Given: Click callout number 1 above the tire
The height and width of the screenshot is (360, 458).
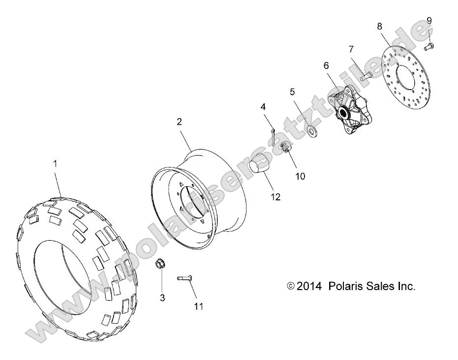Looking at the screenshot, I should pos(55,164).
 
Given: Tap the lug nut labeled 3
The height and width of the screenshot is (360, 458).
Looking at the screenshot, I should pos(159,264).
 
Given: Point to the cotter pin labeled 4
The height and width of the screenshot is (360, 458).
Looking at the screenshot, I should pos(273,133).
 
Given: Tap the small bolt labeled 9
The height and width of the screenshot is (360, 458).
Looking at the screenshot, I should pos(428,47).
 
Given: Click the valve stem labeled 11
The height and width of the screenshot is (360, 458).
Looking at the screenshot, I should pos(185,279).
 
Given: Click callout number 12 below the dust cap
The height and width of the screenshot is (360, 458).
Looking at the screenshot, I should pos(275,197).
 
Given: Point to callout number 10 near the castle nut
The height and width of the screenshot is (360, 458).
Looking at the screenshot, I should pos(300,176).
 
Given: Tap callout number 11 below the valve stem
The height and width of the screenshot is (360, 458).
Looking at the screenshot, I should pos(198,306).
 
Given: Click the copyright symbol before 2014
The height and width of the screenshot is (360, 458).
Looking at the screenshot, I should pos(291,286).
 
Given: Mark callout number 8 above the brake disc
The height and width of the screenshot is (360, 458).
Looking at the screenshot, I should pos(379,26).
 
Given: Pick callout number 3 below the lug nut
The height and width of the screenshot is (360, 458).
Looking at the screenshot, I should pos(162,297).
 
